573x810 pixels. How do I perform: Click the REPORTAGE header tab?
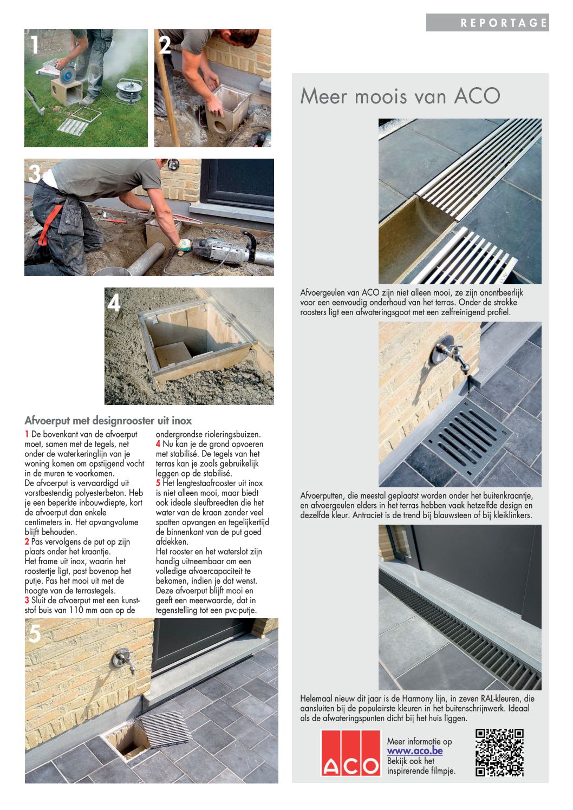487,23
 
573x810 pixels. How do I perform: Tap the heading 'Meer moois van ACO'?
400,96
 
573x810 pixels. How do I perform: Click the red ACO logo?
350,753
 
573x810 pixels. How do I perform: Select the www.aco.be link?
415,751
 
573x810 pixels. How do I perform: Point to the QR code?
499,753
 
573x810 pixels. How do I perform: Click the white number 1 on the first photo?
35,45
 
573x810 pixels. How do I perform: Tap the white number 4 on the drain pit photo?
114,303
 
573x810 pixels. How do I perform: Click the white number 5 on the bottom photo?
35,633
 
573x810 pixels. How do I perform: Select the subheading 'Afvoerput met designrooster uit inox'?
108,421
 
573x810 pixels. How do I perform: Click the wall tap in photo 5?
123,660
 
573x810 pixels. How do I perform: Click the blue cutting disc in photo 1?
68,74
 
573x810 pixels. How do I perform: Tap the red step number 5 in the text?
158,483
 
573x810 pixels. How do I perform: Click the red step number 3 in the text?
27,600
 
